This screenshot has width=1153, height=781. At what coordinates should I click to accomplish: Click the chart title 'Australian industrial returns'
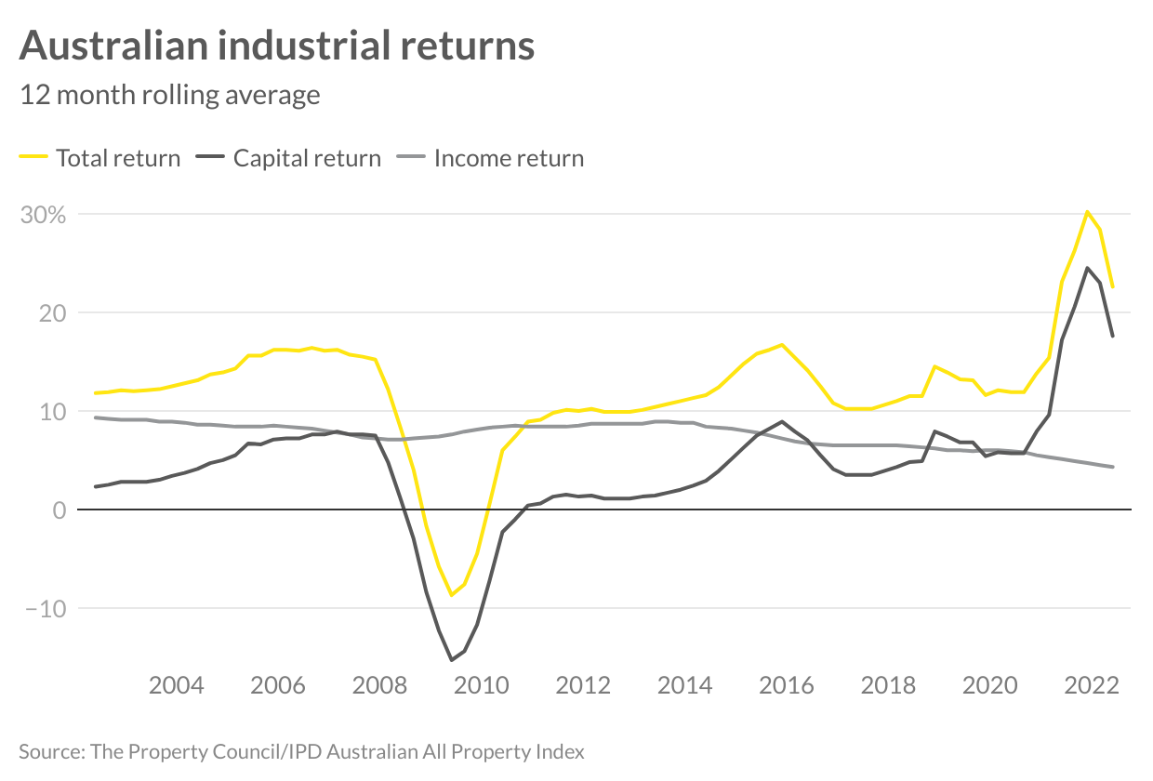tap(276, 45)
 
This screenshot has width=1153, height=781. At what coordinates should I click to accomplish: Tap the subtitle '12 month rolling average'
tap(170, 95)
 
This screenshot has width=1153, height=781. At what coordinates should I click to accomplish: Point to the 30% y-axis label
tap(44, 215)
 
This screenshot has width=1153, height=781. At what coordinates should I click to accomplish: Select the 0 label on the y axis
tap(59, 510)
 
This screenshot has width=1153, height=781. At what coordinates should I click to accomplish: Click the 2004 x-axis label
tap(177, 686)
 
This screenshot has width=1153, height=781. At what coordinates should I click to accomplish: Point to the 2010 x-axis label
tap(481, 686)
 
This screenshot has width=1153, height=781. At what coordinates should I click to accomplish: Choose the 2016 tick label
tap(786, 686)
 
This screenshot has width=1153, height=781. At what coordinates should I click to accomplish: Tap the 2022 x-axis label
tap(1091, 686)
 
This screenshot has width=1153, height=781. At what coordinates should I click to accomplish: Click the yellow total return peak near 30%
tap(1087, 211)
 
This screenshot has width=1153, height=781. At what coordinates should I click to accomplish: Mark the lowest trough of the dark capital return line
tap(451, 660)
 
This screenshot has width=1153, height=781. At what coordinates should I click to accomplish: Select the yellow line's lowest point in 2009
tap(451, 595)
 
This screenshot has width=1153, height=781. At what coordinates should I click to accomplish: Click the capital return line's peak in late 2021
tap(1087, 268)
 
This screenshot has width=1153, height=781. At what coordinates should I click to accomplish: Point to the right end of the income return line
tap(1113, 467)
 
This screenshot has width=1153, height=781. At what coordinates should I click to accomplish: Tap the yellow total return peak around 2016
tap(782, 344)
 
